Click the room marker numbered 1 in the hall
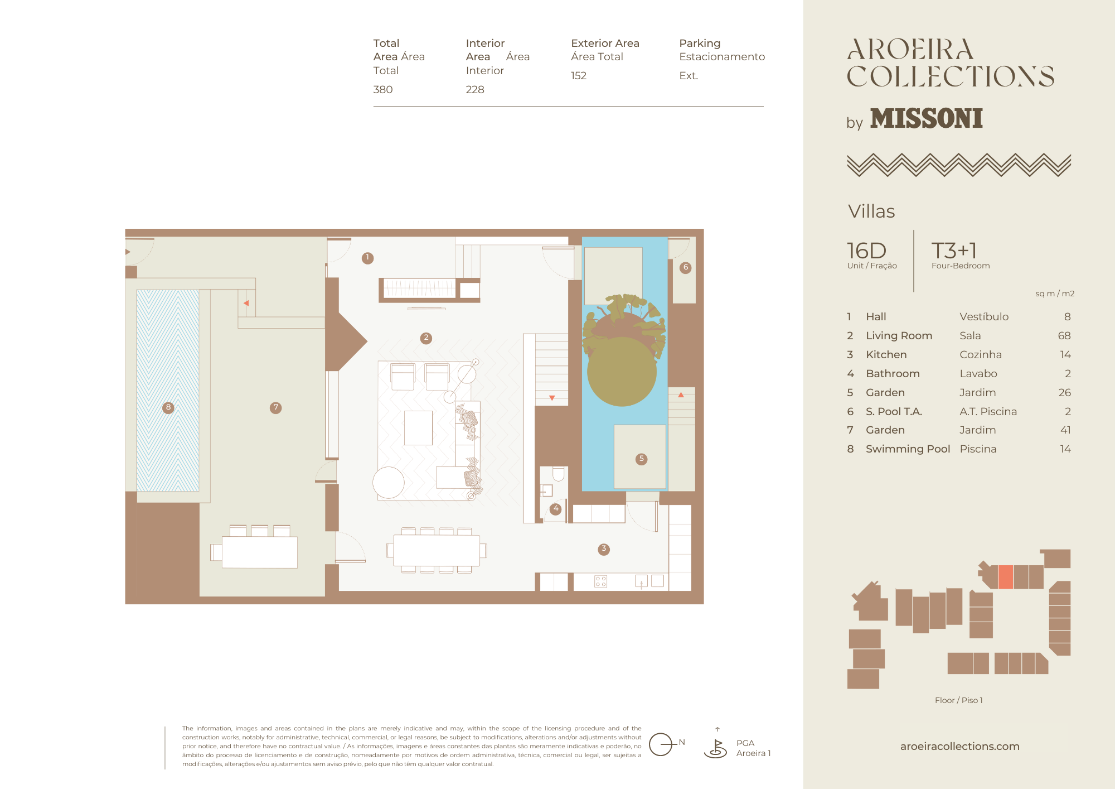367,258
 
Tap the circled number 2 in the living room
426,338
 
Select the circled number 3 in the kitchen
603,549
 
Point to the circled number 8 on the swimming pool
168,408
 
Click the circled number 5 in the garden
641,459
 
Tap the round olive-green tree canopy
622,371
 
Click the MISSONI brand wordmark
926,118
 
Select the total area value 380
383,89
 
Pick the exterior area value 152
579,75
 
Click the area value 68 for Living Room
1064,335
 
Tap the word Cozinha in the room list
981,354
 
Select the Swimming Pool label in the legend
908,449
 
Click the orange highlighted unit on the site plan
1005,577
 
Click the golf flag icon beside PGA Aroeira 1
716,747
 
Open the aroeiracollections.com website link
959,746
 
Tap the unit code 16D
866,251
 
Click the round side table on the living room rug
389,482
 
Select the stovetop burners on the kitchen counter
600,581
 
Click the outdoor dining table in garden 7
259,552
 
